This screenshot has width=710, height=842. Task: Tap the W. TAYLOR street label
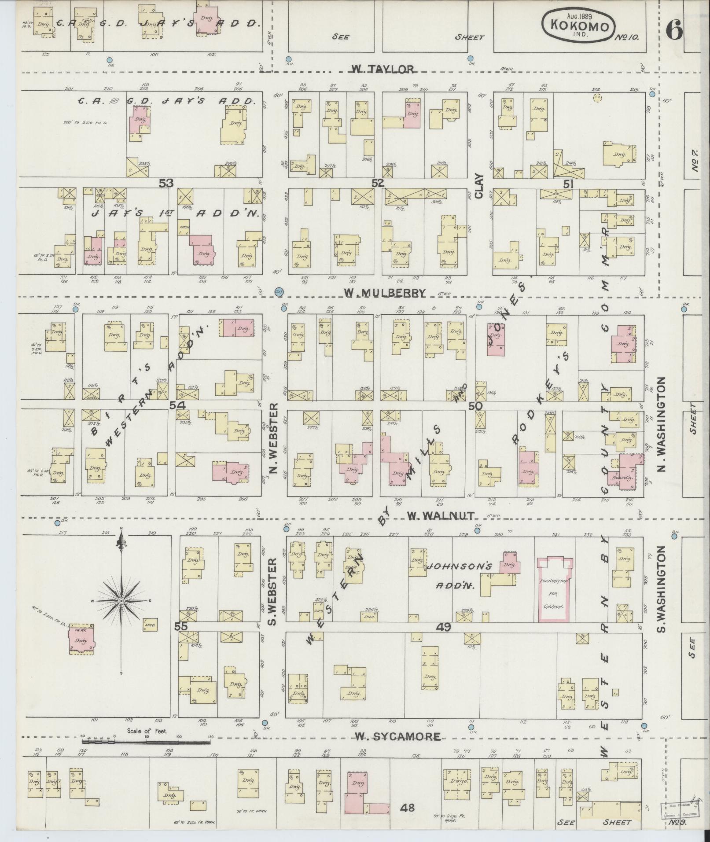click(x=383, y=69)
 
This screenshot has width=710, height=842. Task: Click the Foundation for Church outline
click(x=556, y=589)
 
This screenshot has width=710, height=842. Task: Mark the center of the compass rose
click(x=121, y=601)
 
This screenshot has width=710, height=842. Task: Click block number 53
click(x=166, y=183)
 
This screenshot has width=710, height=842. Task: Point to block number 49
click(x=444, y=627)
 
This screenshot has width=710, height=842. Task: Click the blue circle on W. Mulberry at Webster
click(x=279, y=291)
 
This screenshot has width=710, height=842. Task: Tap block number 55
click(x=181, y=627)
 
